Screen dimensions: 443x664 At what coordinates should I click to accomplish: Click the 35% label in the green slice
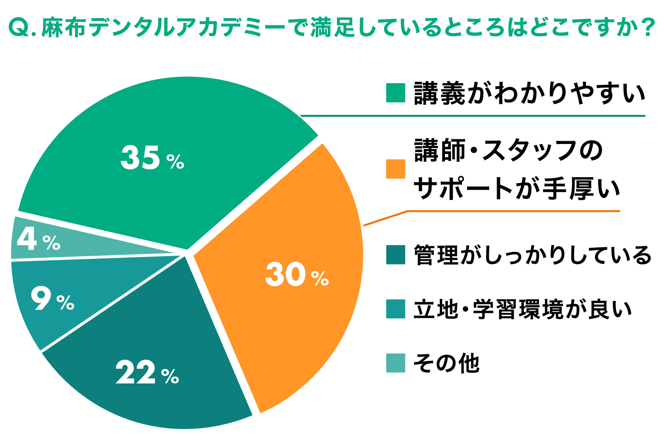(x=152, y=158)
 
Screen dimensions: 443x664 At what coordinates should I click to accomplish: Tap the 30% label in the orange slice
(x=296, y=275)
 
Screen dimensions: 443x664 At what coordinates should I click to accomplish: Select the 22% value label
(x=147, y=373)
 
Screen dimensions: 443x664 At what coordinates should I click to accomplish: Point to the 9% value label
(x=52, y=300)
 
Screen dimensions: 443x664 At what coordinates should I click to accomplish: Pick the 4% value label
(x=38, y=239)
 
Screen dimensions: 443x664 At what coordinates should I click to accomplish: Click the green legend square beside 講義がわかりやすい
(x=395, y=93)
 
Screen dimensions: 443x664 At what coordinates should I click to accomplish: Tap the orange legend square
(x=395, y=169)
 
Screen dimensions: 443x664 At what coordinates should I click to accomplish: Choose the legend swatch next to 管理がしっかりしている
(x=395, y=255)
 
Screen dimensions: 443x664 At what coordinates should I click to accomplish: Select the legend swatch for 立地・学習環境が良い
(x=395, y=309)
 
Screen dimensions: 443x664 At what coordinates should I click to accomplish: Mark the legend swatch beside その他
(x=395, y=363)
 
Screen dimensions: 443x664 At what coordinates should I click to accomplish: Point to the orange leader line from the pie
(x=385, y=219)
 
